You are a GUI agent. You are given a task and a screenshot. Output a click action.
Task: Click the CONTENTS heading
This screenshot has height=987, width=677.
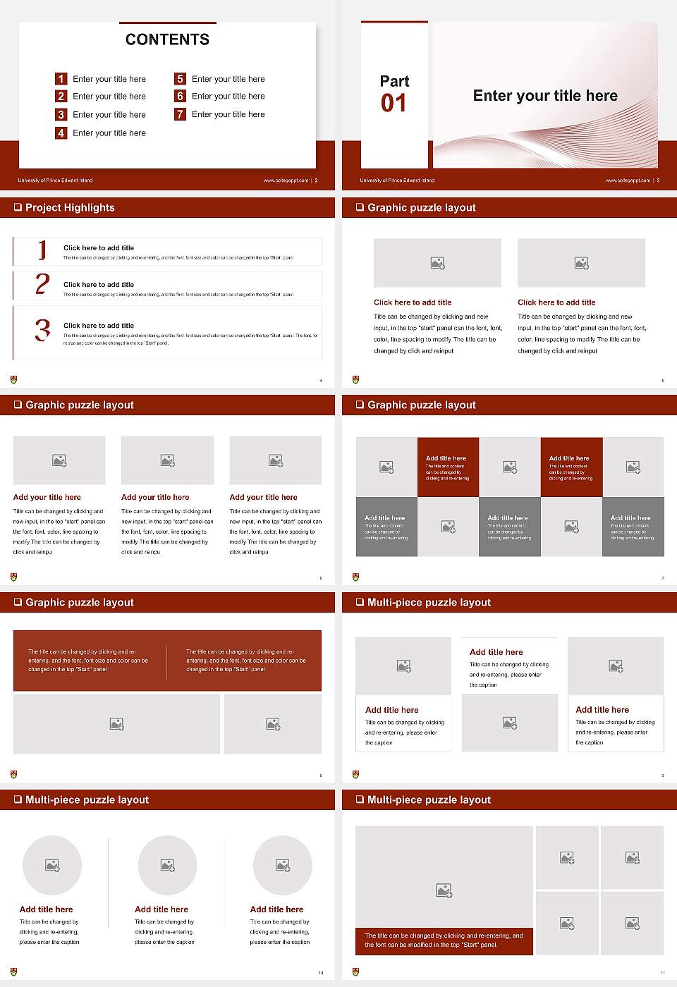[167, 39]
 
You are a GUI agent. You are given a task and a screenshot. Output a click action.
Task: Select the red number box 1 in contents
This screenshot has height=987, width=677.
[61, 79]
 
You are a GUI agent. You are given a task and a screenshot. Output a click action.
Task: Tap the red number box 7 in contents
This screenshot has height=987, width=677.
[181, 114]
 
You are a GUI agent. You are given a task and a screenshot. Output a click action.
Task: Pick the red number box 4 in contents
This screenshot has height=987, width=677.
[61, 133]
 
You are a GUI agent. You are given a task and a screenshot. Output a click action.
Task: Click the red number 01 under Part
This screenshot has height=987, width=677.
[394, 104]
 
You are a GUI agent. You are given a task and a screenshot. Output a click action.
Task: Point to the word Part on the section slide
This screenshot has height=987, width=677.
[394, 81]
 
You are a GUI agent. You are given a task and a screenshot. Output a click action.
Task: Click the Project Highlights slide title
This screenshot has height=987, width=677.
[70, 207]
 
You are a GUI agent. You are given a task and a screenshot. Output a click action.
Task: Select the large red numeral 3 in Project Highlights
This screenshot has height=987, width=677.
[42, 330]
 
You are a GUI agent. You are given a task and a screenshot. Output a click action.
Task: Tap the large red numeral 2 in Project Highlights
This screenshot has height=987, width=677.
[42, 284]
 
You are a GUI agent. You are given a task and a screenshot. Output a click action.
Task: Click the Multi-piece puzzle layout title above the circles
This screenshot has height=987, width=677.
[87, 799]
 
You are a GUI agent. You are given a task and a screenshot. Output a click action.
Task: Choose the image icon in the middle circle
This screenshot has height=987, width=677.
[167, 865]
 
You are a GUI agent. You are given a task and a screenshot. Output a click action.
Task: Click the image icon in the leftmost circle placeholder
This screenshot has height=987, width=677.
[52, 865]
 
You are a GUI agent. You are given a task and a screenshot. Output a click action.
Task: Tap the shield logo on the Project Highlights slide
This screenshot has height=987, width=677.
[14, 380]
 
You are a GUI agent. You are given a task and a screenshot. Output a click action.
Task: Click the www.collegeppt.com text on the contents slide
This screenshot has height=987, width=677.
[286, 180]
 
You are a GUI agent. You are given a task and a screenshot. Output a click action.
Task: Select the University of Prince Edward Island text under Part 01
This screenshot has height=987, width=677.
[397, 180]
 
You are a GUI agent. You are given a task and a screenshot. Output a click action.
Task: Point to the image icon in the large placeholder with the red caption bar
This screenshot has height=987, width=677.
[444, 891]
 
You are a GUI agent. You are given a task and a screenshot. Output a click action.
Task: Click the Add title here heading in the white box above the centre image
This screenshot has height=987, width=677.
[496, 652]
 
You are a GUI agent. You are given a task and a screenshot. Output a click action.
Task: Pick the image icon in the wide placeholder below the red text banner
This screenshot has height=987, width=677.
[117, 724]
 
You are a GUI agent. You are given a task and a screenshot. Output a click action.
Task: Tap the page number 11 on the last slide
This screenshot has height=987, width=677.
[662, 973]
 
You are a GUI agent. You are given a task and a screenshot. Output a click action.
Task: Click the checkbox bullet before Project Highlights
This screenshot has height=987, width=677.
[18, 207]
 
